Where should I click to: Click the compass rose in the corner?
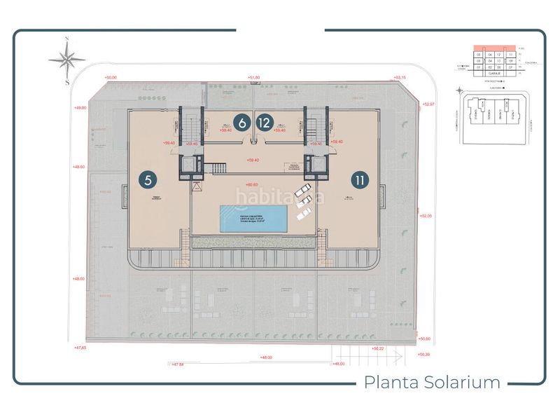[67, 59]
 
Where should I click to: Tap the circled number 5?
[148, 179]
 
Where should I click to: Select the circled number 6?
[241, 123]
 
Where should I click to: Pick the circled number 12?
[263, 123]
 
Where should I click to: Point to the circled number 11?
[360, 179]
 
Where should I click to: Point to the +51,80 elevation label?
[253, 77]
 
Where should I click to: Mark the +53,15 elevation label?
[400, 77]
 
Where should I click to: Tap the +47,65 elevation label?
[80, 347]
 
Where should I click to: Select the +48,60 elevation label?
[79, 167]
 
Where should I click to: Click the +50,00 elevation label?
[110, 77]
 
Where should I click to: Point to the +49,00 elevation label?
[79, 107]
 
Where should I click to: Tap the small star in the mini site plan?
[458, 90]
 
